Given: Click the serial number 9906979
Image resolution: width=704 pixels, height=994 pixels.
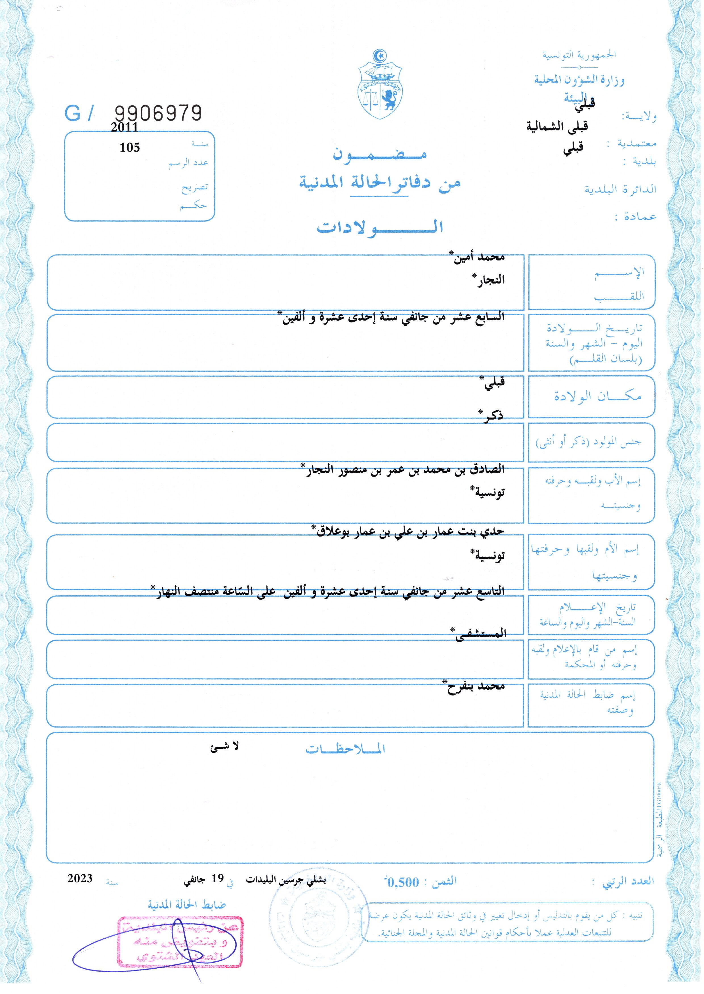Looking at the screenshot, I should point(158,113).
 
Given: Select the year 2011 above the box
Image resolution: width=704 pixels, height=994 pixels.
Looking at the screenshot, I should point(124,127).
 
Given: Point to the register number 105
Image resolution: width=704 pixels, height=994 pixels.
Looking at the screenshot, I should point(130,148).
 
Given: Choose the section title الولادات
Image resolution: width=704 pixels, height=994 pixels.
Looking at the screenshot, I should point(380,227).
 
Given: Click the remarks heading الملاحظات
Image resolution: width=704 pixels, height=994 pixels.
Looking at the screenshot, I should point(345,749).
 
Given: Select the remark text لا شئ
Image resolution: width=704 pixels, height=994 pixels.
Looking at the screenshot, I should point(224,746).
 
